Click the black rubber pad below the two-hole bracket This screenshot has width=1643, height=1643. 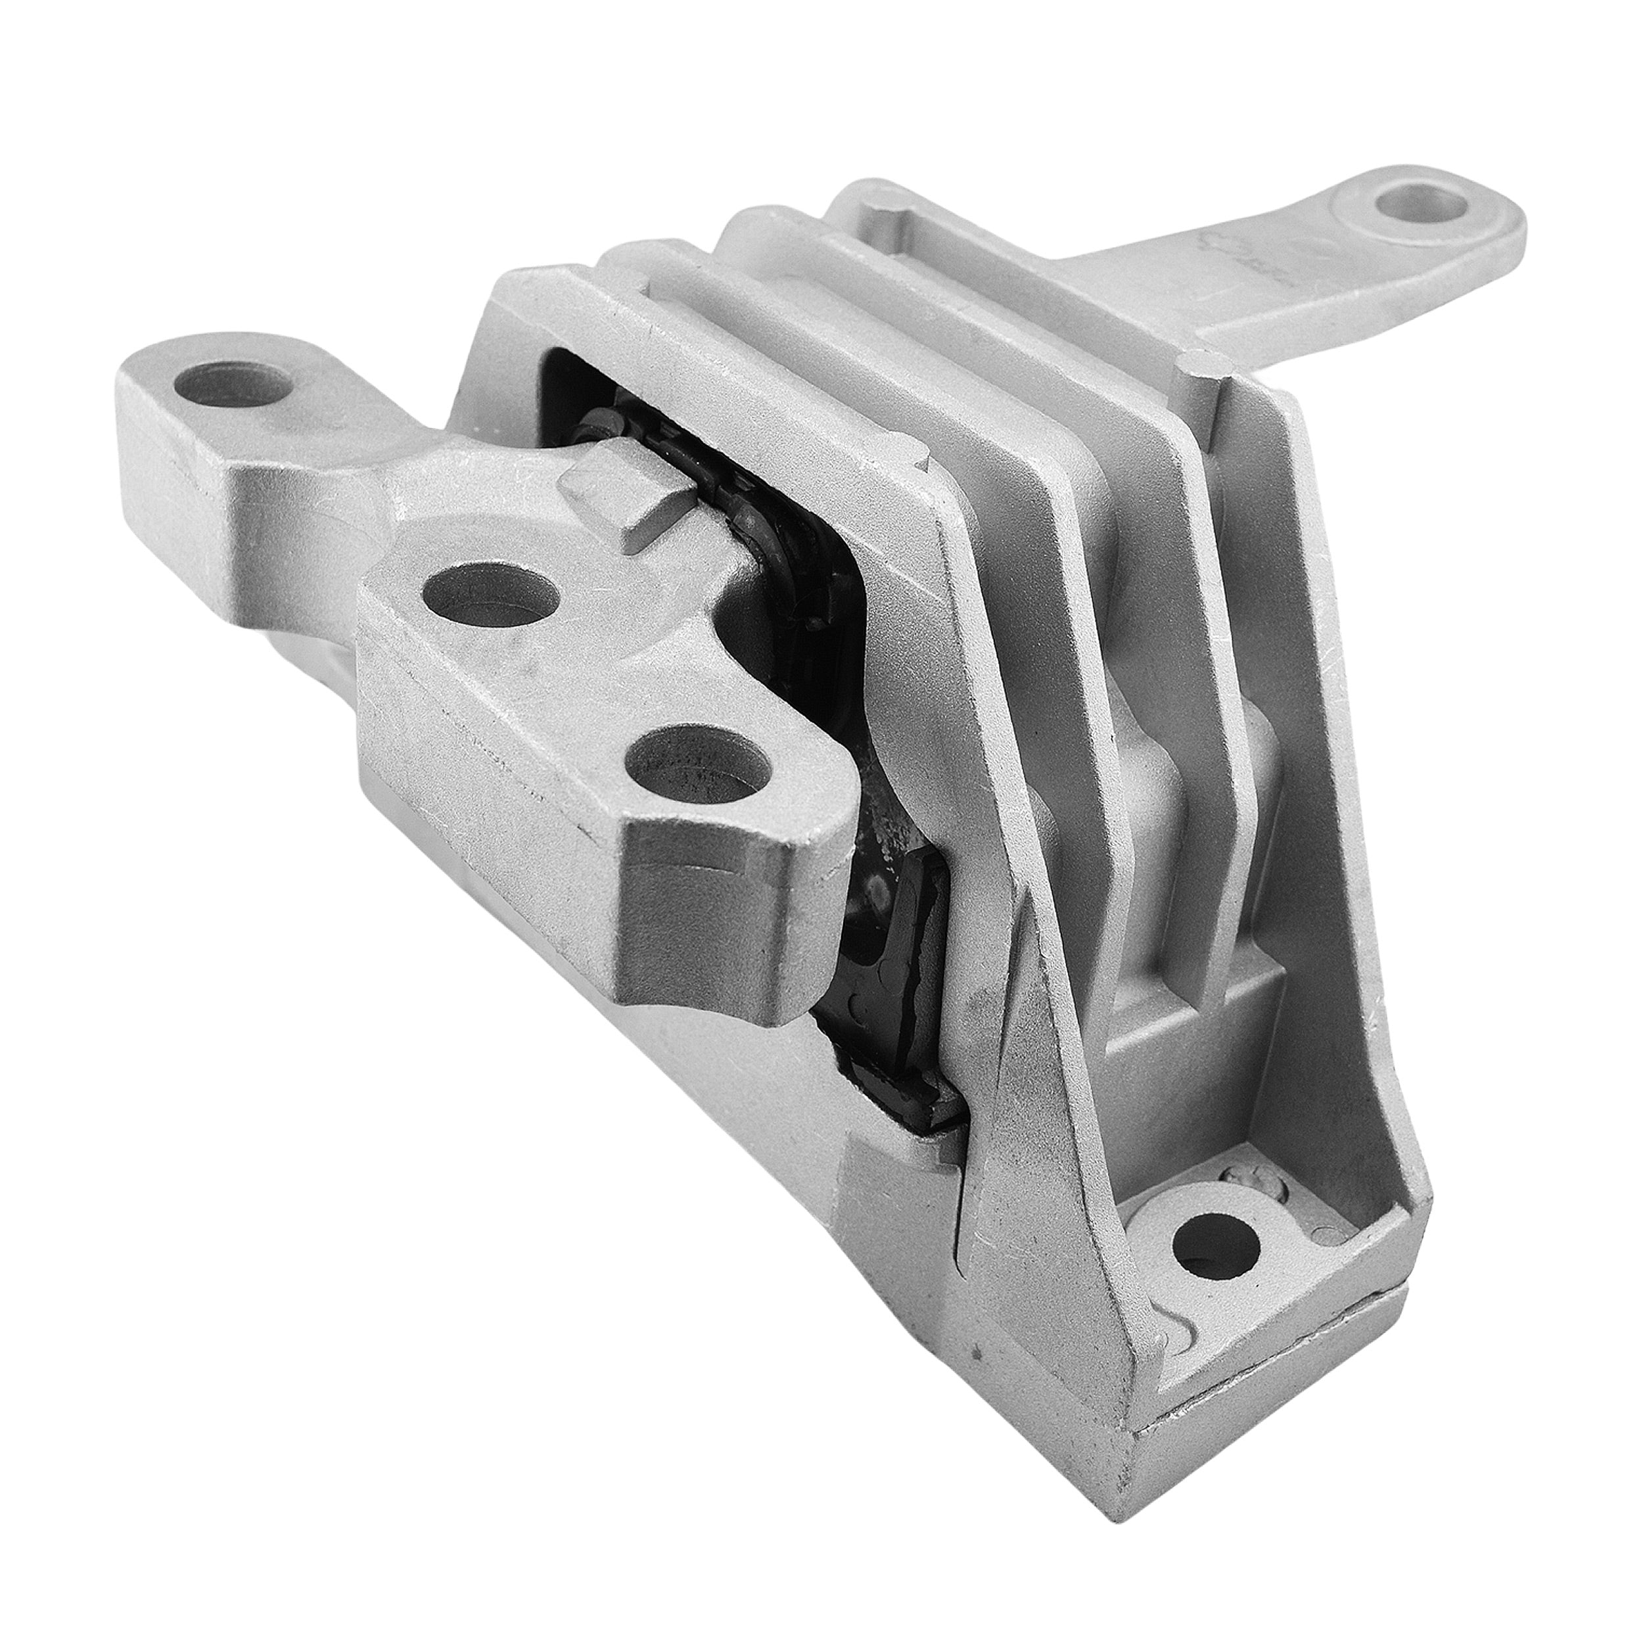885,1021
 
